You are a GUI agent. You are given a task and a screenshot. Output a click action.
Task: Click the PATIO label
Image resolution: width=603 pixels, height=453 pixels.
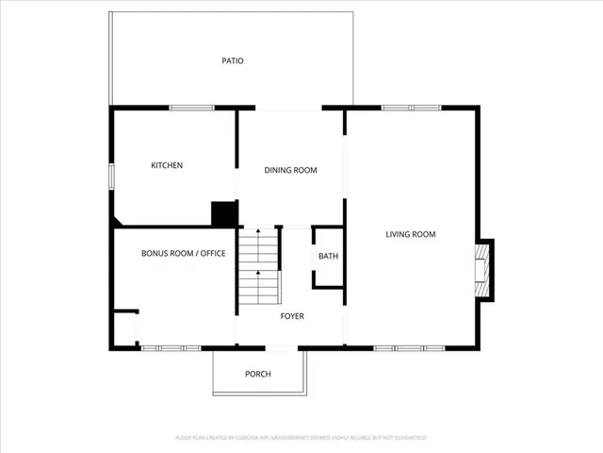pyautogui.click(x=233, y=61)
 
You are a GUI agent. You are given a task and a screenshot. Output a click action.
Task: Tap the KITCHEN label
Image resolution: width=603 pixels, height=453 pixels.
pyautogui.click(x=167, y=166)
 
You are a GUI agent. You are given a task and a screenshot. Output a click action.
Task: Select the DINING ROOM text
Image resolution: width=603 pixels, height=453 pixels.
pyautogui.click(x=290, y=171)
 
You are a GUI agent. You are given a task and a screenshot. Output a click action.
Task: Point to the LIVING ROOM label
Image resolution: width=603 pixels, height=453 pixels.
pyautogui.click(x=411, y=234)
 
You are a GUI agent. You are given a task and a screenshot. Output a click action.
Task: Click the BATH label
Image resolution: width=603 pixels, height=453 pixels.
pyautogui.click(x=328, y=256)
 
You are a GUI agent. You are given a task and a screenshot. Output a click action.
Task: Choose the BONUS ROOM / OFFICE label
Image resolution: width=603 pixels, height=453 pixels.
pyautogui.click(x=184, y=254)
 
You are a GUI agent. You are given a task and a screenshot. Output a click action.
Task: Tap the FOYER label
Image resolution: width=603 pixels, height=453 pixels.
pyautogui.click(x=292, y=316)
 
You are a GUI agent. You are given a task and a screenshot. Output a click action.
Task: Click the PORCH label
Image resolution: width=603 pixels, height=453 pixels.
pyautogui.click(x=258, y=375)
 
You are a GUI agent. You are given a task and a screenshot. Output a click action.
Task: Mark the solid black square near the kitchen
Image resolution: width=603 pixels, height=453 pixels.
pyautogui.click(x=223, y=214)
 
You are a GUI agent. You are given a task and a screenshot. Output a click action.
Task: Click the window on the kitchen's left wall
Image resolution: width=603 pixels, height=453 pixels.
pyautogui.click(x=111, y=176)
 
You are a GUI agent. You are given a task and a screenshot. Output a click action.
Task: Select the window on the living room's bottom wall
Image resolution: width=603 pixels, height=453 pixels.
pyautogui.click(x=409, y=348)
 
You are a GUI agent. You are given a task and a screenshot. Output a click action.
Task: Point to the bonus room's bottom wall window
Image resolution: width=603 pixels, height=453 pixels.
pyautogui.click(x=171, y=348)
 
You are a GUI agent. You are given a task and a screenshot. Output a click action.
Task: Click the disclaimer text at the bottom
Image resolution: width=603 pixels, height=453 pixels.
pyautogui.click(x=301, y=438)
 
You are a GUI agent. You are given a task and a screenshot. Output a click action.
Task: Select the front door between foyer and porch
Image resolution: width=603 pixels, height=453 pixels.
pyautogui.click(x=282, y=349)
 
